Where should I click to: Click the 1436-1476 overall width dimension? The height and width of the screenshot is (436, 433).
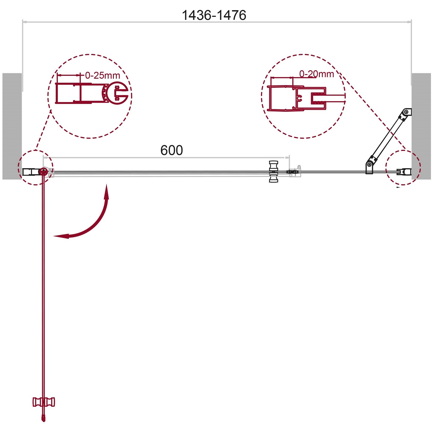click(x=214, y=15)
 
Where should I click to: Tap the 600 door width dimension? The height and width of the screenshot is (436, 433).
click(x=172, y=150)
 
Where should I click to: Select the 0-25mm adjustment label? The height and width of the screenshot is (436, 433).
click(x=103, y=75)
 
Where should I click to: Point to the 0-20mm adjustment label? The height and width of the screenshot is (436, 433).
click(x=316, y=74)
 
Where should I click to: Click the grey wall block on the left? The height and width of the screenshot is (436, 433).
click(x=12, y=126)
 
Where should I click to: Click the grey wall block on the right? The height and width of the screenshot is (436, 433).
click(x=421, y=126)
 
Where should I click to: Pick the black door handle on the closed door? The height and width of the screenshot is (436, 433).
click(x=273, y=172)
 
